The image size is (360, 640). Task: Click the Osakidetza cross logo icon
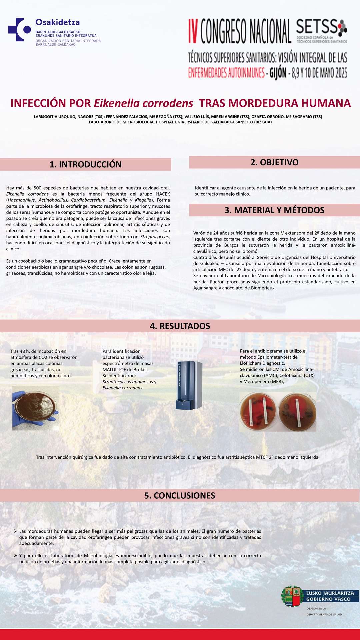pyautogui.click(x=19, y=30)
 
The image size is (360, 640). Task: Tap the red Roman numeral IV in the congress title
pyautogui.click(x=193, y=31)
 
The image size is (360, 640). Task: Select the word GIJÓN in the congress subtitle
pyautogui.click(x=278, y=73)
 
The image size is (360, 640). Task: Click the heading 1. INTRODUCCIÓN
pyautogui.click(x=85, y=164)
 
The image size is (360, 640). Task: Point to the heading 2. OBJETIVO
pyautogui.click(x=274, y=162)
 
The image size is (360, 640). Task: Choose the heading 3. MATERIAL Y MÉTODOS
pyautogui.click(x=274, y=210)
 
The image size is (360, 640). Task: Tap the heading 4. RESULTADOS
pyautogui.click(x=180, y=326)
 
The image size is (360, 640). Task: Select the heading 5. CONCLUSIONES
pyautogui.click(x=180, y=496)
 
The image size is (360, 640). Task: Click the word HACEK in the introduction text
pyautogui.click(x=163, y=194)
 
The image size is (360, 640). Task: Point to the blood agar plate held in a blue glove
pyautogui.click(x=36, y=407)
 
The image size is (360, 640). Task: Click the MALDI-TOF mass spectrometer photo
pyautogui.click(x=189, y=385)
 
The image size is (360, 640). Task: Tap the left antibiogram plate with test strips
pyautogui.click(x=258, y=412)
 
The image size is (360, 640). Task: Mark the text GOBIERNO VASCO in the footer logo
pyautogui.click(x=328, y=599)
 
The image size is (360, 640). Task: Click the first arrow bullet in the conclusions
pyautogui.click(x=16, y=531)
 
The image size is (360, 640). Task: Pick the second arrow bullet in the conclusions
pyautogui.click(x=16, y=555)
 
